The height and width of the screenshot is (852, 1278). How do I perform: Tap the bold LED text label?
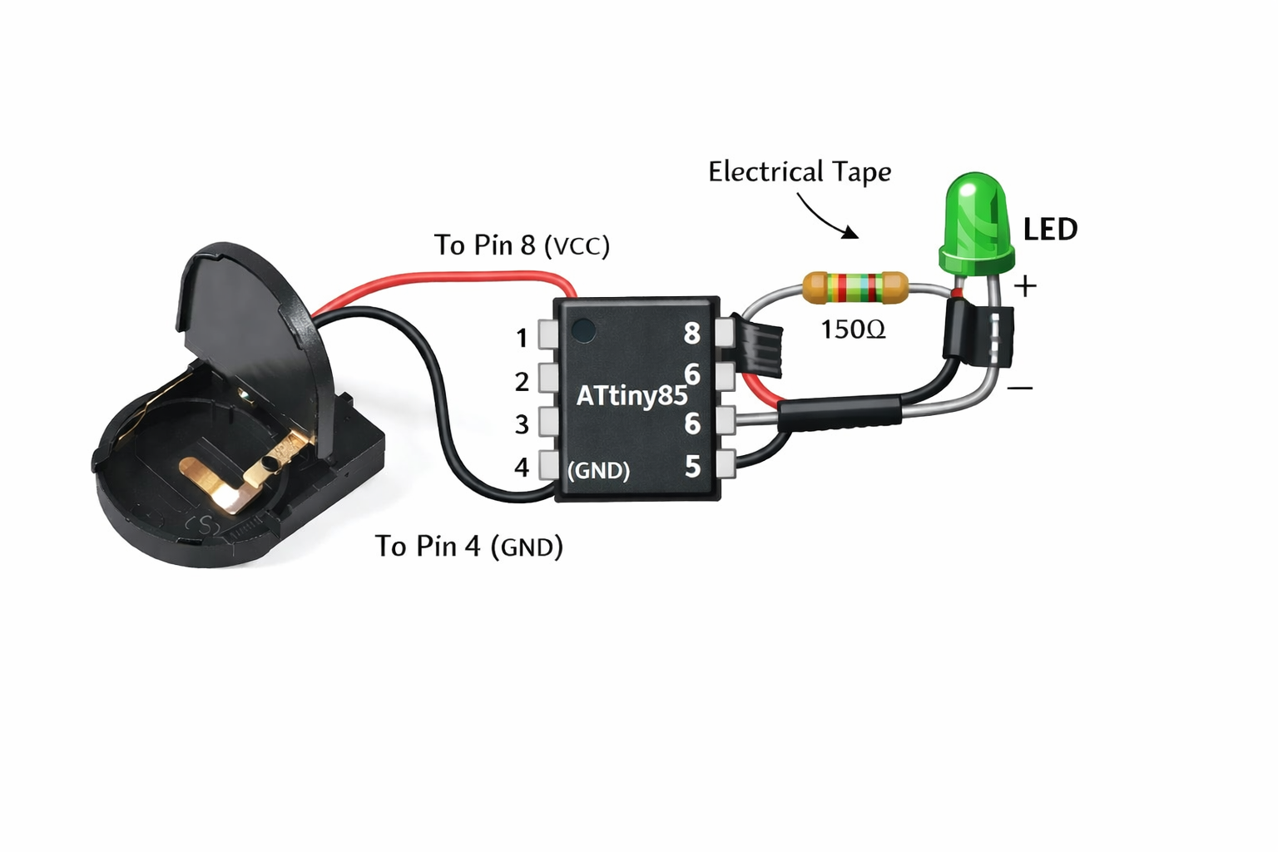tap(1050, 230)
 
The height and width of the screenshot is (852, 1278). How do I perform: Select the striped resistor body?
tap(854, 288)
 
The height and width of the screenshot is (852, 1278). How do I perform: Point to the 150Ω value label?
tap(853, 329)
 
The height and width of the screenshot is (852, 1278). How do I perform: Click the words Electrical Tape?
tap(799, 172)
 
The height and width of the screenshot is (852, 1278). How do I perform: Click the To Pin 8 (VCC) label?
tap(522, 245)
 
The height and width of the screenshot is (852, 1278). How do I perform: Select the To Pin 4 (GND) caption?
tap(468, 546)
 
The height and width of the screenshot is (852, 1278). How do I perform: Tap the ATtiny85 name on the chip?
tap(632, 395)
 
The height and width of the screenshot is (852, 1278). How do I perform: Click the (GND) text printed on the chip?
tap(598, 470)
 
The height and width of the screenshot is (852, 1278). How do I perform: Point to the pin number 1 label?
tap(522, 338)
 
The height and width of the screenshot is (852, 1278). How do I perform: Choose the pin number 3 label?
tap(522, 424)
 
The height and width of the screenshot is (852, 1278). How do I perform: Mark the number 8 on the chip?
tap(691, 334)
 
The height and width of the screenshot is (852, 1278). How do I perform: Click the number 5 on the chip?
tap(692, 467)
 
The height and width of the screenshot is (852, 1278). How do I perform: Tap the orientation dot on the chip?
tap(584, 330)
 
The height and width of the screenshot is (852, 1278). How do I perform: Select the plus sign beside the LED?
tap(1025, 286)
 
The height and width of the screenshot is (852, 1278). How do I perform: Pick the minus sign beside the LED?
tap(1019, 388)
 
